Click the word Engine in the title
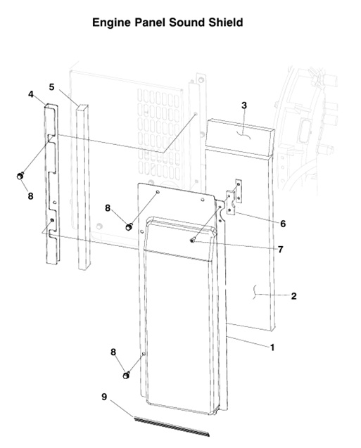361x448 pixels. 111,23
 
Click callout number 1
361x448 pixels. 272,347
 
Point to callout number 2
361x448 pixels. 293,296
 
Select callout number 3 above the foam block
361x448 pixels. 244,105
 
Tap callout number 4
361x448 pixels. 31,94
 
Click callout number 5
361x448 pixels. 52,87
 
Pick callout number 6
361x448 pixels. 282,224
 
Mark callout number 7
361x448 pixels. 280,249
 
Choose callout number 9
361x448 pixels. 104,397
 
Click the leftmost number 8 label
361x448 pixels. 30,196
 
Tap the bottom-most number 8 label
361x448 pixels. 113,351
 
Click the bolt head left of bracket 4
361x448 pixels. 21,175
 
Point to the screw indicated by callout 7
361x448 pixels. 191,240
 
